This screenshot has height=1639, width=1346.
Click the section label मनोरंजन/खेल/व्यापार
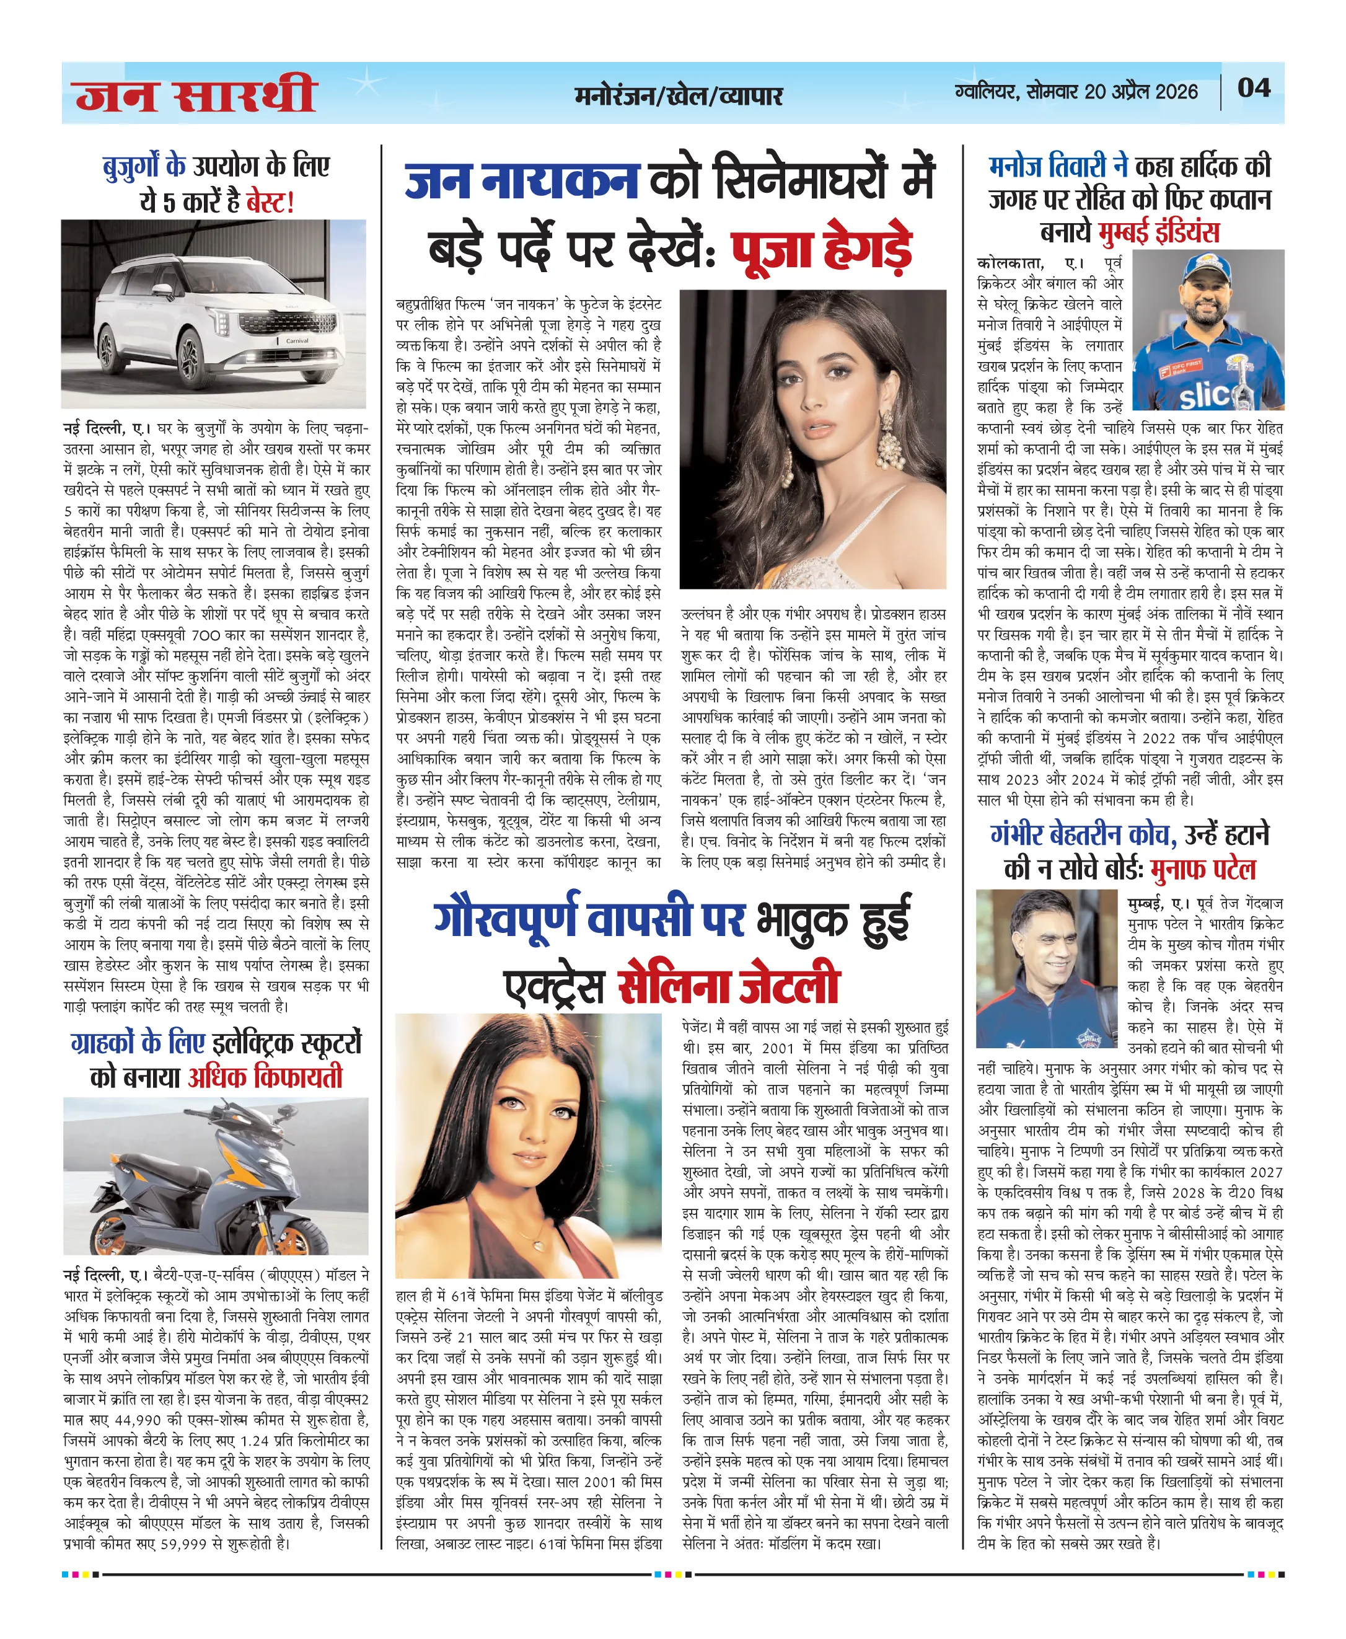[679, 95]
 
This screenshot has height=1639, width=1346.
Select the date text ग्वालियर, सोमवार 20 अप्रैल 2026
[1076, 92]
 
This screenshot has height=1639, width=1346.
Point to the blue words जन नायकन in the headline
[522, 180]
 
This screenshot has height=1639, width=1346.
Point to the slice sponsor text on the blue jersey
[1206, 396]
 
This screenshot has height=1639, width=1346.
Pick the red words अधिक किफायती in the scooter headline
[265, 1077]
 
